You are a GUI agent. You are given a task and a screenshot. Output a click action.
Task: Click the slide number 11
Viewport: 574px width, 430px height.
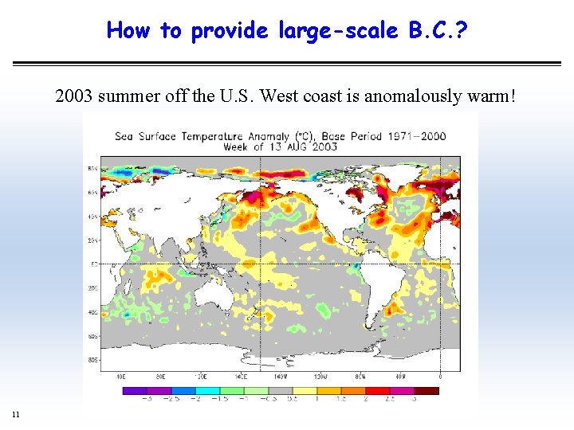click(x=16, y=413)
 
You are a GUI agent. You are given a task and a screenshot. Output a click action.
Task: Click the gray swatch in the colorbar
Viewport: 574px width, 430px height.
click(x=293, y=390)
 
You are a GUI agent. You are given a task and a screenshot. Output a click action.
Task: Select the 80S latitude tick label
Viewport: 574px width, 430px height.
click(x=93, y=361)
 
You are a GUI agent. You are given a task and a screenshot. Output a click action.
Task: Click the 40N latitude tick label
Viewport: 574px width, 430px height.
click(x=93, y=216)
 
